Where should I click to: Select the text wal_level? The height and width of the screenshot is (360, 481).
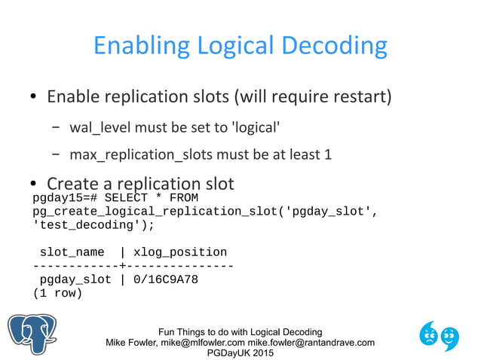click(x=97, y=127)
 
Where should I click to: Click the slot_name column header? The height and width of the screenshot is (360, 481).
click(x=72, y=252)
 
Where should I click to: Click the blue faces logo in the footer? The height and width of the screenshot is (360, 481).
click(x=439, y=335)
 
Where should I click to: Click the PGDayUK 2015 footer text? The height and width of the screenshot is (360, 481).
click(x=240, y=353)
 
